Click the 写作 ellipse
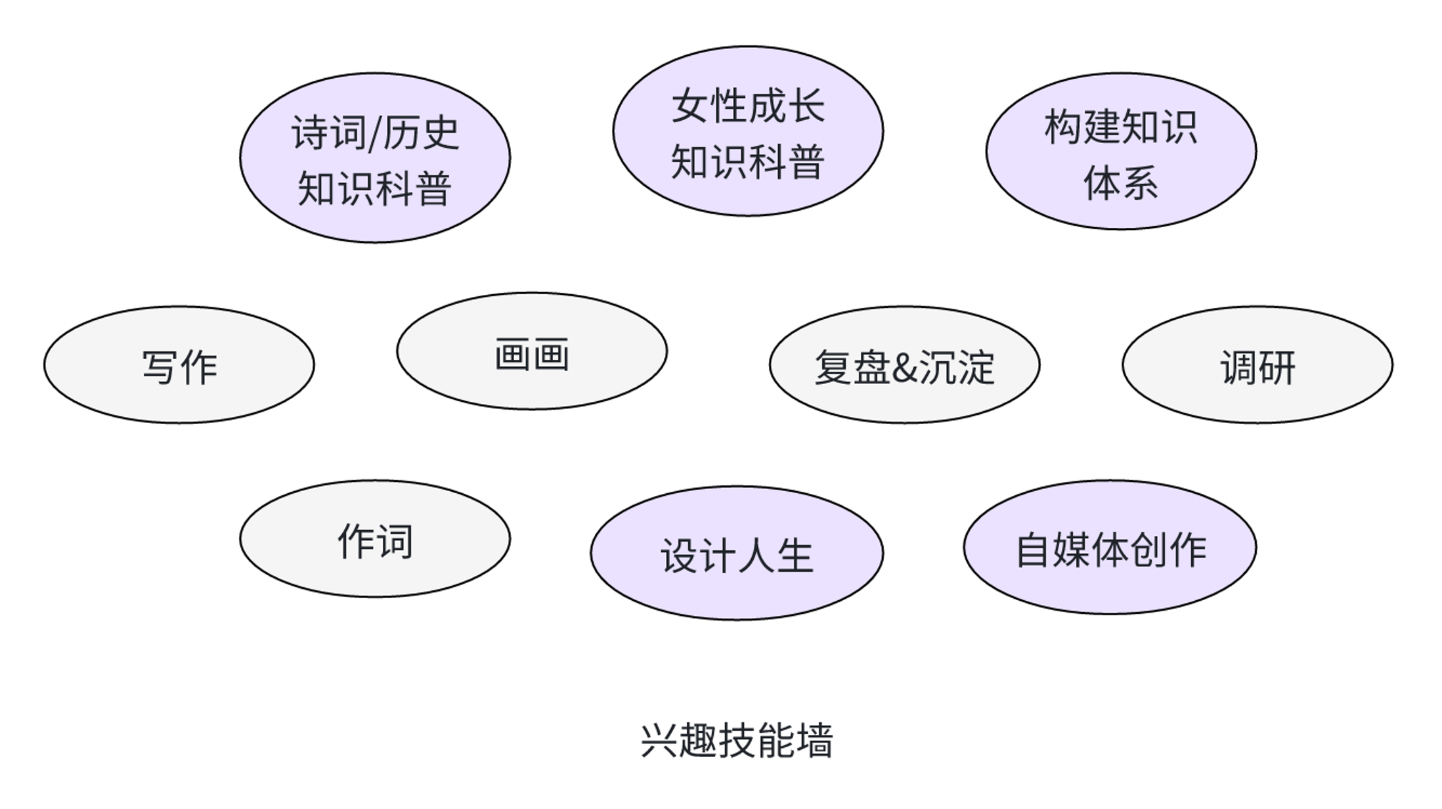(179, 365)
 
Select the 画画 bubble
(532, 351)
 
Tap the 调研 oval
(1257, 365)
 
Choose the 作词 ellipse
(374, 539)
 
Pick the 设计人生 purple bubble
(737, 553)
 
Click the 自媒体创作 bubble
(1110, 548)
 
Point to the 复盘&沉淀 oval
(904, 365)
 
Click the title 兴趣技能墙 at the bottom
(737, 741)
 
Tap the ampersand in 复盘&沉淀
(904, 368)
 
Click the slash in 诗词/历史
(375, 133)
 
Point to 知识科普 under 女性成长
(748, 162)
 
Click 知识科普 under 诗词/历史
(374, 189)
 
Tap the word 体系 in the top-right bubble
(1121, 183)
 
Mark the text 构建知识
(1121, 126)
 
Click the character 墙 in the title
(815, 741)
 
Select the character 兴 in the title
(659, 741)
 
